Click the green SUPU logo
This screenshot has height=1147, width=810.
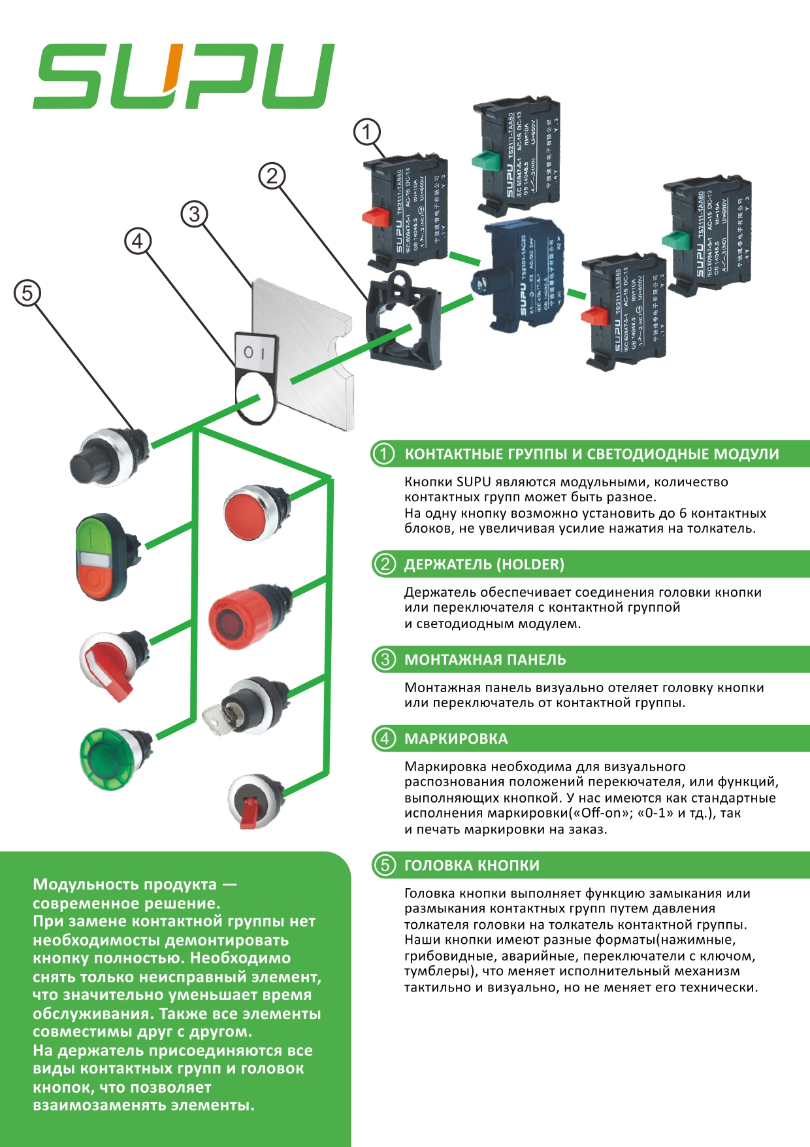coord(183,76)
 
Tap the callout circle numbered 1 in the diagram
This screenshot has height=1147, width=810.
coord(366,132)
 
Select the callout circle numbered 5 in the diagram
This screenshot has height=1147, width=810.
coord(27,293)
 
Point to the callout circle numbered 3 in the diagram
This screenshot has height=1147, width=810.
coord(194,214)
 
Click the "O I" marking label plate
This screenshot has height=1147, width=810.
coord(255,378)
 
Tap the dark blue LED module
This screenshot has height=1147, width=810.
coord(521,274)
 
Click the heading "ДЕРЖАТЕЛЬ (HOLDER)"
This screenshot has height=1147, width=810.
coord(484,564)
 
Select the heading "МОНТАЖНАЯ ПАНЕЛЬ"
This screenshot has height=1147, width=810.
coord(485,659)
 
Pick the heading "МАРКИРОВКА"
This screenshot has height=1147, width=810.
coord(455,739)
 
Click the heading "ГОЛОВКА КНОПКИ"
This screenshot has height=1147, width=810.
coord(472,865)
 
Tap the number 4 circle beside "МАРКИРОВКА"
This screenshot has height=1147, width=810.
coord(384,739)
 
